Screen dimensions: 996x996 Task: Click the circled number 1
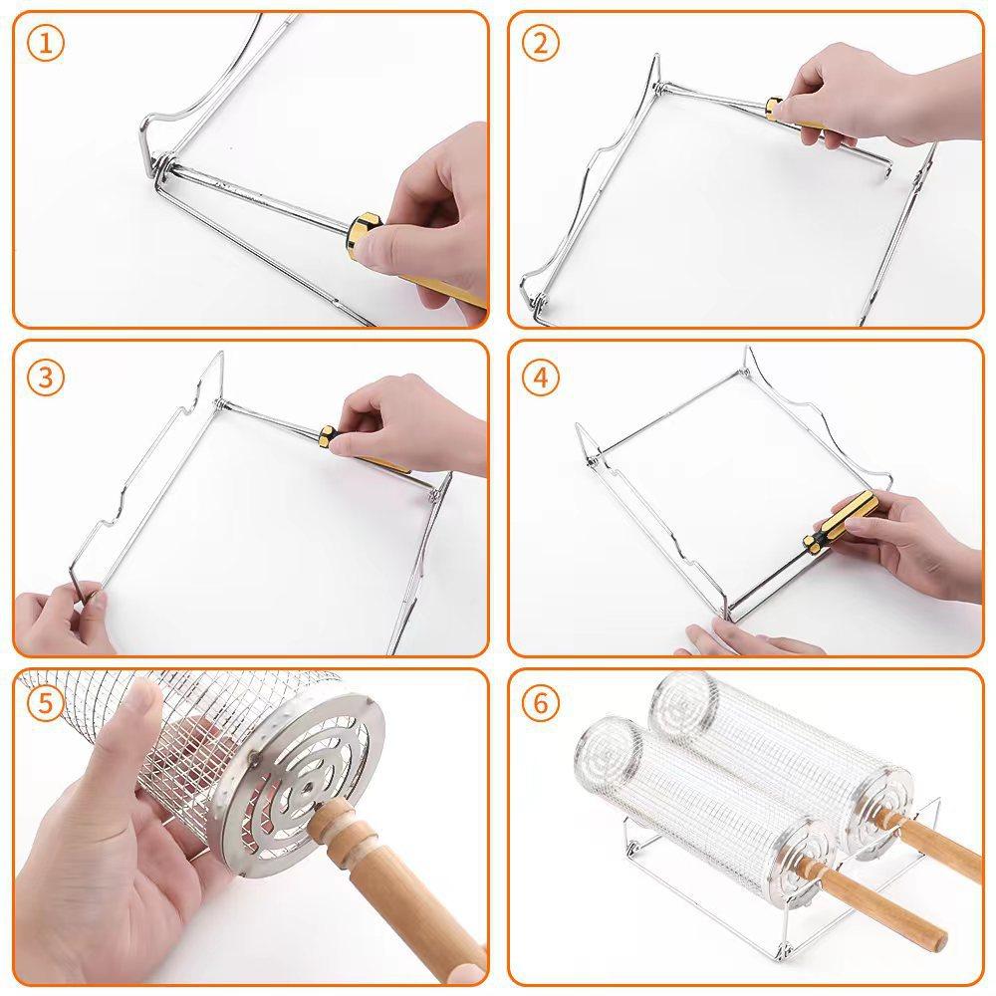coord(46,44)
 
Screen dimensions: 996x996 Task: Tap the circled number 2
coord(541,44)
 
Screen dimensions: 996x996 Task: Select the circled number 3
coord(46,377)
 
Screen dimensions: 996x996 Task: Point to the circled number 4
coord(541,377)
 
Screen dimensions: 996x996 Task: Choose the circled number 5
coord(47,703)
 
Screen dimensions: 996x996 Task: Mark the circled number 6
coord(541,703)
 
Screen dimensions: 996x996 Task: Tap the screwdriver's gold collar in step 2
coord(774,110)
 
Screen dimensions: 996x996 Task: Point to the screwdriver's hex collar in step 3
coord(328,437)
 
